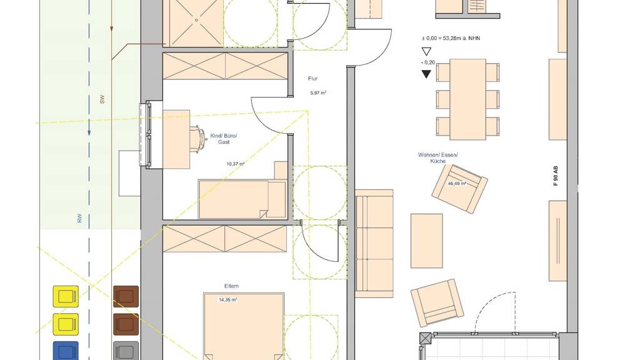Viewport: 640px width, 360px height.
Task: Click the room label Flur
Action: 312,78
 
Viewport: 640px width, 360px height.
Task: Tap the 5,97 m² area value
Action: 318,92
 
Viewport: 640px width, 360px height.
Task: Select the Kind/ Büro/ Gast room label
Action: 224,139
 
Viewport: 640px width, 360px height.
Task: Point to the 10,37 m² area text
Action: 236,164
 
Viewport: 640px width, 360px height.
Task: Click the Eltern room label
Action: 231,286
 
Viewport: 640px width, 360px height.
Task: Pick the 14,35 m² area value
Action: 227,299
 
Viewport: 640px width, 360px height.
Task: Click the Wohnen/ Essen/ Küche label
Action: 438,158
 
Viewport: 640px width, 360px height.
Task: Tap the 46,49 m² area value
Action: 457,183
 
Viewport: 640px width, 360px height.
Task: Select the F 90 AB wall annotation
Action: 555,176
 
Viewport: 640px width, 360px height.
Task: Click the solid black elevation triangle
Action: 426,74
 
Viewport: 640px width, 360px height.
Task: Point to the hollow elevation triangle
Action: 426,51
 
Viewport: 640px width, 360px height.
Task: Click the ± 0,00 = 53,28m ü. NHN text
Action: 451,38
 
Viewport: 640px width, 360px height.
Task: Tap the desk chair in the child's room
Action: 197,139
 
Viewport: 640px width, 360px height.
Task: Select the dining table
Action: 467,99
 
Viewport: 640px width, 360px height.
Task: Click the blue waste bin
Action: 65,351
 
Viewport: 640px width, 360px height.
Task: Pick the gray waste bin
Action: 126,351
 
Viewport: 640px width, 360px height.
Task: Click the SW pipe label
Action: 102,99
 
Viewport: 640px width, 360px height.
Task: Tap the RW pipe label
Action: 79,218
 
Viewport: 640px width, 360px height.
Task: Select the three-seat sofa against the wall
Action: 374,244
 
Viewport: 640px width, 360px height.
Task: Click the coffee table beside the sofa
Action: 426,241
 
